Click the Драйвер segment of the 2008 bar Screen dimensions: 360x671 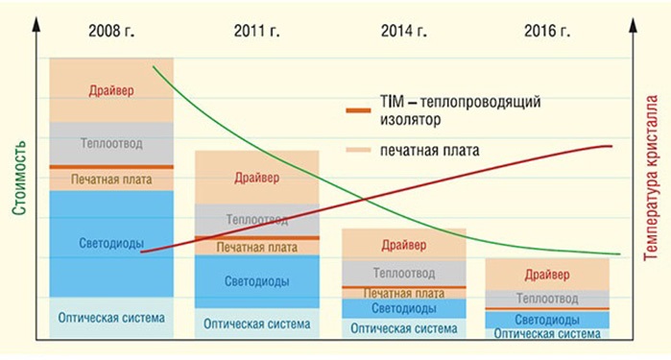111,90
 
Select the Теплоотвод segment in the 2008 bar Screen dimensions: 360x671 111,143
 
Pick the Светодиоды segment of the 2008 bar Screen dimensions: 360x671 111,243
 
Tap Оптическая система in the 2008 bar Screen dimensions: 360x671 111,318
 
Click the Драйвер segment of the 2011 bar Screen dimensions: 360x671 256,177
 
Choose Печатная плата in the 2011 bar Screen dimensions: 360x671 256,247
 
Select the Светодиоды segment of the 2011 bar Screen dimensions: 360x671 256,281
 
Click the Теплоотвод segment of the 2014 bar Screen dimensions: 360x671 404,271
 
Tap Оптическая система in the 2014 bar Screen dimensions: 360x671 404,327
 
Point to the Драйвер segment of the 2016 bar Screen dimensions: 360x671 547,275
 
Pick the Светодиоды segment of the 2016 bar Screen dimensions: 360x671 547,320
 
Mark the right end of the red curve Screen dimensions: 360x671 611,146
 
